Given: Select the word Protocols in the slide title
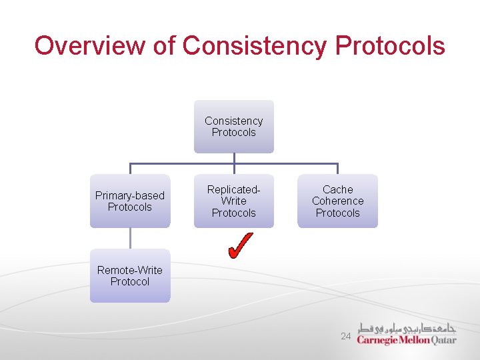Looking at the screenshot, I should [390, 46].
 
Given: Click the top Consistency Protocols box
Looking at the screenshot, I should [234, 127].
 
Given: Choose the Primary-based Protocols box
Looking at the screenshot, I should [130, 201].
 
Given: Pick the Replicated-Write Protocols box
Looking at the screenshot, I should [234, 201].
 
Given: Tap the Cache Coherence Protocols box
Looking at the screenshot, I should [337, 201].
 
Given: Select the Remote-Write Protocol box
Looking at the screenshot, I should [130, 276].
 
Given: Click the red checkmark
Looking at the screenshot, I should [239, 245].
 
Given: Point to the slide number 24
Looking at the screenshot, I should [345, 337].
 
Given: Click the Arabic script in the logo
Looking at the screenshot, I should [407, 328].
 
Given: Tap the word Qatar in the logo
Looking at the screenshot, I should [443, 339].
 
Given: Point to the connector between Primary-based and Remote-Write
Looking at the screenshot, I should [130, 239].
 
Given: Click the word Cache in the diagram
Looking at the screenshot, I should [337, 189].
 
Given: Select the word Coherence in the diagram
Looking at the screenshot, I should [337, 201].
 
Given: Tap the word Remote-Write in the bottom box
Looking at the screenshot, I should [130, 270].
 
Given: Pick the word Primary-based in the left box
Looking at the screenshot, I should [130, 195].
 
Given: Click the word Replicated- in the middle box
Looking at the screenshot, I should [234, 189].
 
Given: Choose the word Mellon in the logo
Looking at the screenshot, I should [414, 340].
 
